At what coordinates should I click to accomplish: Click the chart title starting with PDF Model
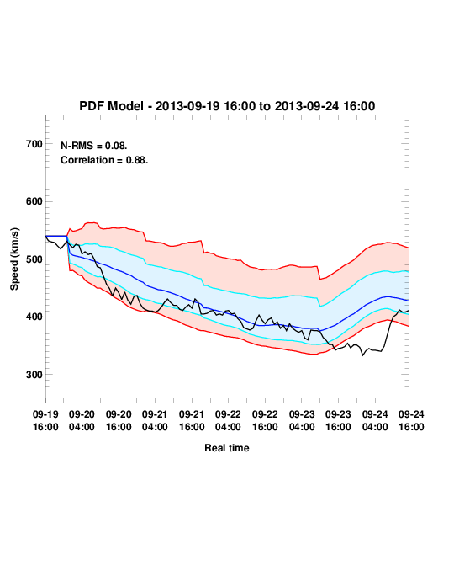pos(227,106)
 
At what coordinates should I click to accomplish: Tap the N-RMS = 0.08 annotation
pos(93,146)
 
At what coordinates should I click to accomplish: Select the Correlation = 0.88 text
pos(104,160)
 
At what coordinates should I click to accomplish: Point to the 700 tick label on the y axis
pos(34,144)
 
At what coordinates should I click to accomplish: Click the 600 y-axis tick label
pos(34,201)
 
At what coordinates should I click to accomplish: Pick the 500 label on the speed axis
pos(34,259)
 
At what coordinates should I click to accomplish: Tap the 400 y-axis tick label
pos(34,317)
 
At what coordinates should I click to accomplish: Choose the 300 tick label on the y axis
pos(34,375)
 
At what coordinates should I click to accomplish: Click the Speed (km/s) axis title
pos(14,259)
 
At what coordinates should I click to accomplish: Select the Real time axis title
pos(227,448)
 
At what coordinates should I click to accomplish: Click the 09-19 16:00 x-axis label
pos(45,420)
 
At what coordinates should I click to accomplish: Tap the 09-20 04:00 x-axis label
pos(82,420)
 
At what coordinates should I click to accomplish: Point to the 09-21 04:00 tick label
pos(155,420)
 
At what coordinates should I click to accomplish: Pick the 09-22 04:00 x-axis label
pos(228,420)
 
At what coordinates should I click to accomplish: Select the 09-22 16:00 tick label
pos(265,420)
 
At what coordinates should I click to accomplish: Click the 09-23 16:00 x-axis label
pos(338,420)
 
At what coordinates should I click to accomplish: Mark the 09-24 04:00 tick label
pos(375,420)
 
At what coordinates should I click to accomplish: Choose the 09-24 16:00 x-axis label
pos(411,420)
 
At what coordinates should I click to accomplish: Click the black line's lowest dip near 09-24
pos(363,355)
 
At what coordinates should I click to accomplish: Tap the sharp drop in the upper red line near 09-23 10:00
pos(319,273)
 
